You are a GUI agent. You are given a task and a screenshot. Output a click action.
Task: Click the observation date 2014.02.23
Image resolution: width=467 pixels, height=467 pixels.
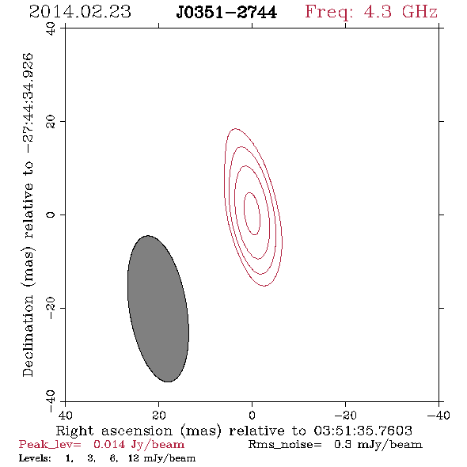pos(80,12)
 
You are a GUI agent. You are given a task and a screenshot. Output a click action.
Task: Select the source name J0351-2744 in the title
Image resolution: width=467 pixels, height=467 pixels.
pos(226,13)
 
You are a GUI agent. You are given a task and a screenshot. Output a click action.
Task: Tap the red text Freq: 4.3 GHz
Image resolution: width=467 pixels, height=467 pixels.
pos(371,13)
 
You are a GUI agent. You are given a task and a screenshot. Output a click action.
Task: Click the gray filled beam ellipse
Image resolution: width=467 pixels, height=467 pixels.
pos(158,309)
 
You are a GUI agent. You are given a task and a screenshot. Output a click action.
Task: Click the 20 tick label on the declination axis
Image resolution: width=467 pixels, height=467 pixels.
pos(51,122)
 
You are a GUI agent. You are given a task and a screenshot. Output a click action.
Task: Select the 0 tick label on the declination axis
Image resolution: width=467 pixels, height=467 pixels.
pos(51,215)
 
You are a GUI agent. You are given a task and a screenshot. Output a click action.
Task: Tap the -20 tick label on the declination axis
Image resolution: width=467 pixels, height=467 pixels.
pos(51,308)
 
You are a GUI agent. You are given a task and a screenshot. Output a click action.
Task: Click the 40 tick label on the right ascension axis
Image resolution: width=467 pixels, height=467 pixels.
pos(65,415)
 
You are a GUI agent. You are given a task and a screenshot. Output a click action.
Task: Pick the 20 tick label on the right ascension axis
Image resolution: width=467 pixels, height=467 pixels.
pos(159,415)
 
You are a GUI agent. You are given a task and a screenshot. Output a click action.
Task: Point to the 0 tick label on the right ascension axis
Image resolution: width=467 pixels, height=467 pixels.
pos(252,415)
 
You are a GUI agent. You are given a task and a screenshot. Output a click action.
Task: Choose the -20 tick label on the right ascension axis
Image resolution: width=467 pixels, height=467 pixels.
pos(345,415)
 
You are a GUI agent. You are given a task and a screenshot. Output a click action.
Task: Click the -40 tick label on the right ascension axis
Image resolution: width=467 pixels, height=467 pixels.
pos(439,415)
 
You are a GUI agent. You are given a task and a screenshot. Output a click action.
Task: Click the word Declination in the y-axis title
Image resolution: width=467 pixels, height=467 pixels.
pos(28,336)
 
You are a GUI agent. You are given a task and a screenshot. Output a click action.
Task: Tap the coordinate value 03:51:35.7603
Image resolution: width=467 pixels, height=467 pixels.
pos(363,431)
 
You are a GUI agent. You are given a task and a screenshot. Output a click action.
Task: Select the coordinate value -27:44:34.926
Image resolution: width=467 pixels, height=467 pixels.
pos(28,104)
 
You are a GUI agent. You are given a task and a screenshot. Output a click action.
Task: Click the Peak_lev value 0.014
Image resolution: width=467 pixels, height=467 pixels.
pos(109,444)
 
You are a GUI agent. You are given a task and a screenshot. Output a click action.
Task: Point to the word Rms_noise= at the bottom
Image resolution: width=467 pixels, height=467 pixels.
pos(285,445)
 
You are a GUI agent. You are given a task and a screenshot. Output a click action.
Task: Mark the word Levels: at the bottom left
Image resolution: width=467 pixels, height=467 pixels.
pos(35,458)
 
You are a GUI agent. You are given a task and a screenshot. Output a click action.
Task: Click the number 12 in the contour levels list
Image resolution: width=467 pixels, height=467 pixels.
pos(134,458)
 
